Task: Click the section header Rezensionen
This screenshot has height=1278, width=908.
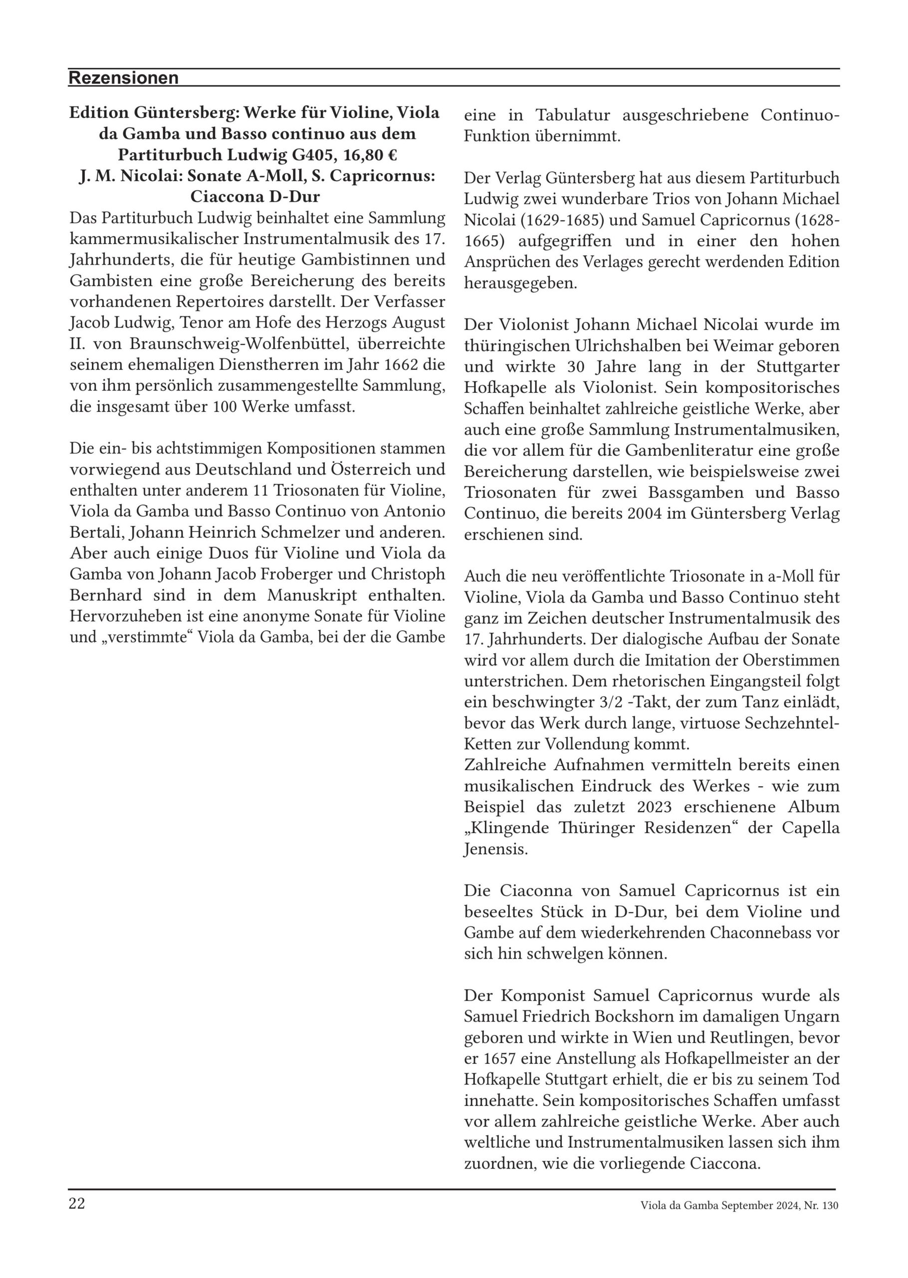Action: (x=123, y=78)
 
